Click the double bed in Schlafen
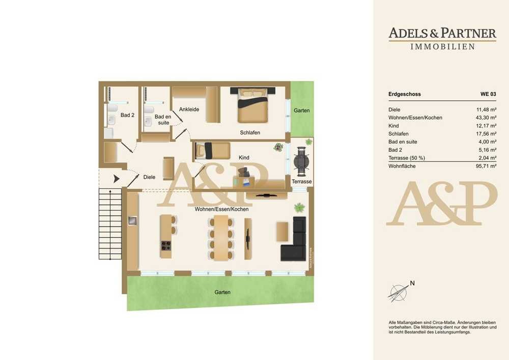pyautogui.click(x=253, y=105)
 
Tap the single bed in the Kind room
pyautogui.click(x=212, y=151)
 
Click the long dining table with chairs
pyautogui.click(x=221, y=238)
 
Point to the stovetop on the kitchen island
pyautogui.click(x=166, y=246)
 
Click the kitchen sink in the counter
pyautogui.click(x=132, y=221)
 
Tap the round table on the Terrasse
pyautogui.click(x=301, y=161)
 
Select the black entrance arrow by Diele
pyautogui.click(x=116, y=179)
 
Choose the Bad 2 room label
pyautogui.click(x=127, y=115)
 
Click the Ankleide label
pyautogui.click(x=189, y=109)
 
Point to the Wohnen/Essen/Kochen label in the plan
pyautogui.click(x=222, y=209)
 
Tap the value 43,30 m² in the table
pyautogui.click(x=486, y=118)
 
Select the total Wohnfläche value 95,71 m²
pyautogui.click(x=486, y=166)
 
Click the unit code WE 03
pyautogui.click(x=488, y=94)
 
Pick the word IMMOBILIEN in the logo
pyautogui.click(x=443, y=47)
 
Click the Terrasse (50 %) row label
pyautogui.click(x=407, y=158)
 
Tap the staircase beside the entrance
pyautogui.click(x=110, y=224)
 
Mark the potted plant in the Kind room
pyautogui.click(x=278, y=147)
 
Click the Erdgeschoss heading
pyautogui.click(x=405, y=94)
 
